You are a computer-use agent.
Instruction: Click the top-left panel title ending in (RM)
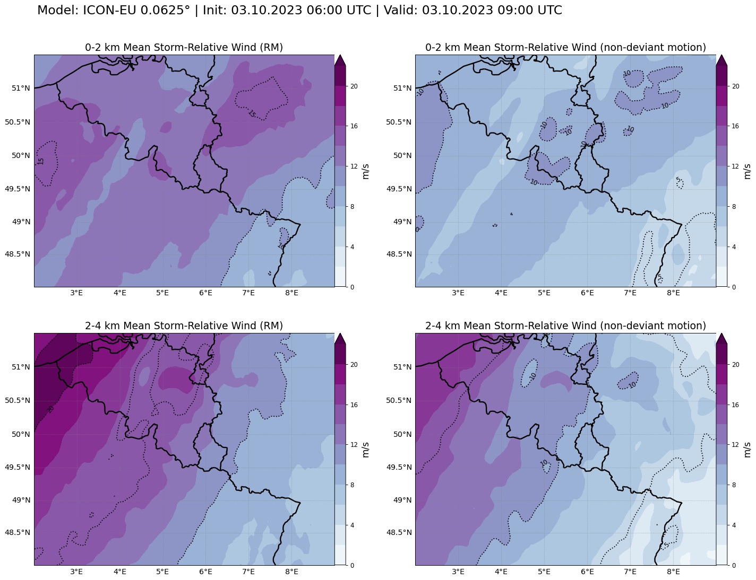[184, 48]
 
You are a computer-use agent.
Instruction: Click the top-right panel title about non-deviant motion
[565, 48]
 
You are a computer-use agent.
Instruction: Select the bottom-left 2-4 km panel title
[184, 326]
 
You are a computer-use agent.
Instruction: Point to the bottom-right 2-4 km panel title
[565, 326]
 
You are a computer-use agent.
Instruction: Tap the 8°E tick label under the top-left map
[291, 293]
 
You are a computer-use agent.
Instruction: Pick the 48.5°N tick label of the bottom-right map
[399, 533]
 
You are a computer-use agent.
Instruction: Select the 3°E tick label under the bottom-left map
[76, 572]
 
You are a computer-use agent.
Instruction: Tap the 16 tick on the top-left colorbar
[354, 126]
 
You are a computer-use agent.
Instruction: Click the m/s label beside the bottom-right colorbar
[747, 449]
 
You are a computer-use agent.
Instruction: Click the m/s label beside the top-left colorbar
[366, 171]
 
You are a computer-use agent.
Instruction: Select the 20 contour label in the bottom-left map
[51, 408]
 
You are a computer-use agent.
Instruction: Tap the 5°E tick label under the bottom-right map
[544, 572]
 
